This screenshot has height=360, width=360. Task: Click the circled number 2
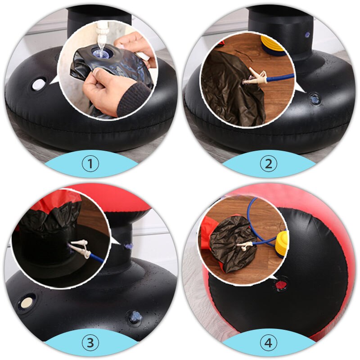(x=269, y=164)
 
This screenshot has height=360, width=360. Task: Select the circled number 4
(x=269, y=343)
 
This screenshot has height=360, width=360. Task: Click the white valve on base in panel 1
(x=39, y=84)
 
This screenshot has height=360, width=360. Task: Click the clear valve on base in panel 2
(x=313, y=99)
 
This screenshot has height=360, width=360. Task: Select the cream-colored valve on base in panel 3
(x=27, y=301)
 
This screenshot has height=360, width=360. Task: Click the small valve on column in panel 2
(x=306, y=34)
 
